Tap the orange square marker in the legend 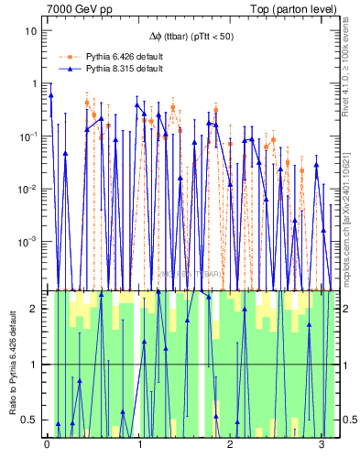coord(69,55)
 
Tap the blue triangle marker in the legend coord(69,69)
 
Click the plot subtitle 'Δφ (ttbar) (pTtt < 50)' coord(193,37)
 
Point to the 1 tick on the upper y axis coord(37,83)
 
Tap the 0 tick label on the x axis coord(47,446)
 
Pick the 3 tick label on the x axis coord(322,446)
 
